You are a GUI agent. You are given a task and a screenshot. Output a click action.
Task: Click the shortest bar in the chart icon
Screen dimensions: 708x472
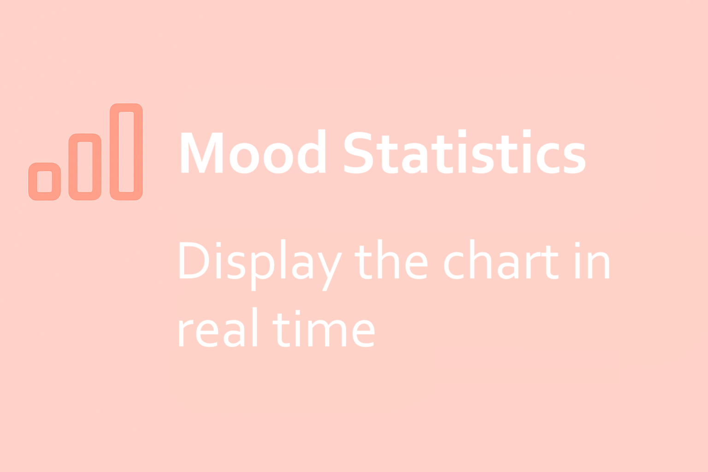pyautogui.click(x=33, y=182)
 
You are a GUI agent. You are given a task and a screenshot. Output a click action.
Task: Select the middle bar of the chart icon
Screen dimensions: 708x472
pyautogui.click(x=73, y=167)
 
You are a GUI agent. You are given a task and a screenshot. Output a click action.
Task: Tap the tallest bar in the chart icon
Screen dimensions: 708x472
pyautogui.click(x=114, y=152)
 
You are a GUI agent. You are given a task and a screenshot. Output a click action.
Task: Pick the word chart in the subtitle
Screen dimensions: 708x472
pyautogui.click(x=501, y=259)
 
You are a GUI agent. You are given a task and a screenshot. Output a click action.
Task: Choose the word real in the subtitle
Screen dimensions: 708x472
pyautogui.click(x=218, y=327)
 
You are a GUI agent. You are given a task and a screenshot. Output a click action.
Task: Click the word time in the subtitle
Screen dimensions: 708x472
pyautogui.click(x=324, y=329)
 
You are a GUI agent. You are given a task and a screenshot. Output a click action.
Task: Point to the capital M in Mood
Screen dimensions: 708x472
pyautogui.click(x=201, y=153)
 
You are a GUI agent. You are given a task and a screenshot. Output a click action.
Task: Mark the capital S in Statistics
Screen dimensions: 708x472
pyautogui.click(x=359, y=153)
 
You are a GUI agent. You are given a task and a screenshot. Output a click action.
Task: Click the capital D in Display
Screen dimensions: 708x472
pyautogui.click(x=194, y=260)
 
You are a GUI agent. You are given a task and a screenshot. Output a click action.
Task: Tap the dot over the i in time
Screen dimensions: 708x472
pyautogui.click(x=297, y=313)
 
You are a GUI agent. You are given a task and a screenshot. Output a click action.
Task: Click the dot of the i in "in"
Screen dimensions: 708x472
pyautogui.click(x=578, y=245)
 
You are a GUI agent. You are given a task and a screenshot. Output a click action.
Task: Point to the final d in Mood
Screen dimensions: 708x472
pyautogui.click(x=312, y=152)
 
